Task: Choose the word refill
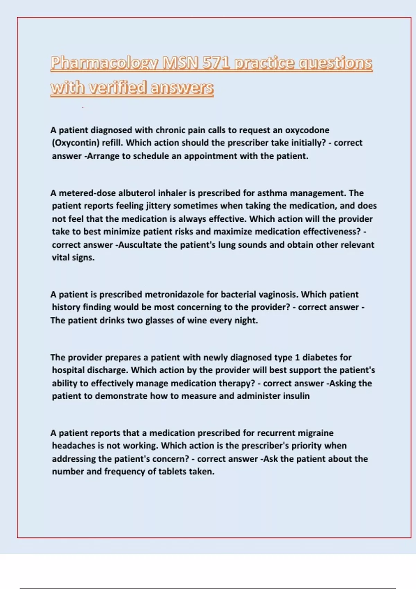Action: click(x=113, y=143)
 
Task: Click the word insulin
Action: click(x=296, y=396)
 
